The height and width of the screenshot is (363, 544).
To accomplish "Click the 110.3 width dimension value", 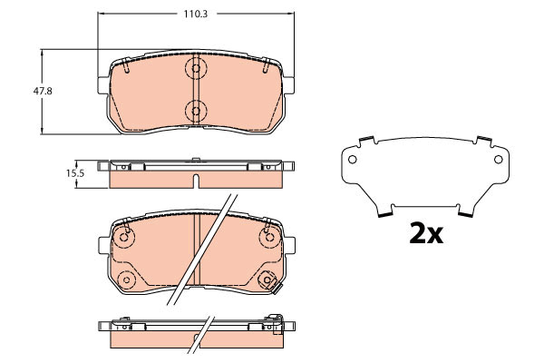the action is tap(196, 14).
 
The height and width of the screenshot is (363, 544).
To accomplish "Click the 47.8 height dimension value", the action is tap(43, 92).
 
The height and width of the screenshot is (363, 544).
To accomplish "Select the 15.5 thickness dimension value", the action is tap(75, 173).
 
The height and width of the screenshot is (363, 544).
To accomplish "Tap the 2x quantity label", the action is tap(426, 233).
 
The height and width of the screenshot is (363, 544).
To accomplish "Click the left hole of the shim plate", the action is tap(352, 160).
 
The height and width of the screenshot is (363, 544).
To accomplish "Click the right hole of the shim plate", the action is tap(498, 160).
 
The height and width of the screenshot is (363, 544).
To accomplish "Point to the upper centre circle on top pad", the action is tap(196, 68).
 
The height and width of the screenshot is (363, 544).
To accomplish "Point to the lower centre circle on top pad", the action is tap(196, 111).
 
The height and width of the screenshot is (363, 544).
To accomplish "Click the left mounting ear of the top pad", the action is tap(103, 85).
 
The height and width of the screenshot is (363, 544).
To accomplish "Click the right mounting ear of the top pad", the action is tap(288, 85).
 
